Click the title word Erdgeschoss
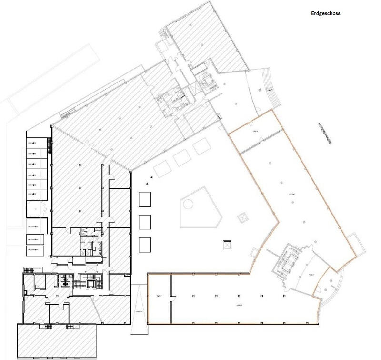click(x=326, y=13)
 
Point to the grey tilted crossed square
click(x=243, y=217)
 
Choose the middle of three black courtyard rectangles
click(x=145, y=222)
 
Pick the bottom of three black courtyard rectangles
click(x=145, y=245)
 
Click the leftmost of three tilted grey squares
click(x=160, y=169)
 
